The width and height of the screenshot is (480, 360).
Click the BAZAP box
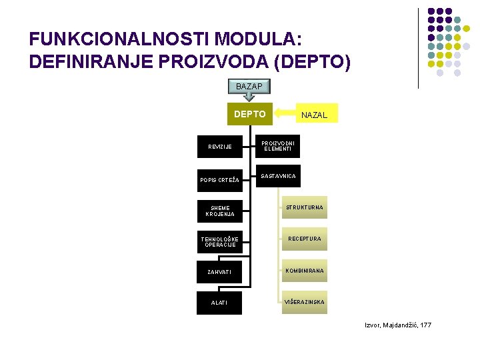click(250, 86)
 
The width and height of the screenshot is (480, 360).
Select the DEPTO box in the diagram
click(250, 115)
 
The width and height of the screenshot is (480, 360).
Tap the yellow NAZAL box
click(315, 115)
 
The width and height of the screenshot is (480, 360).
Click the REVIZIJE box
click(220, 147)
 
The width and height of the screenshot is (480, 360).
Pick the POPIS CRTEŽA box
click(220, 180)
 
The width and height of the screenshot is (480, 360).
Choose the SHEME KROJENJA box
click(220, 211)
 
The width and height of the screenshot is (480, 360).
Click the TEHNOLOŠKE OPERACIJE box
click(220, 241)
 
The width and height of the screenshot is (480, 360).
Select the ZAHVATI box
click(220, 272)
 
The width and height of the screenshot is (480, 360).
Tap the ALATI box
click(220, 303)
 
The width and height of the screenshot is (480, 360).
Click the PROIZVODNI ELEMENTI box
click(279, 145)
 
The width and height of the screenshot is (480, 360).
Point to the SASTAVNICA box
click(279, 177)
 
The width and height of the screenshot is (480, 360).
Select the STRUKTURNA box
click(304, 207)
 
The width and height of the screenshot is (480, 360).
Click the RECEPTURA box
click(304, 239)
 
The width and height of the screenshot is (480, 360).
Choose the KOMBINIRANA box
click(304, 271)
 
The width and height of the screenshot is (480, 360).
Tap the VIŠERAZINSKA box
click(304, 302)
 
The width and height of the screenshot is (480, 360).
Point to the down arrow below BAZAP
click(250, 98)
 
